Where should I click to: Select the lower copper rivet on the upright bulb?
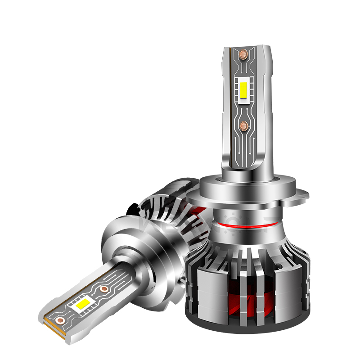[244, 125]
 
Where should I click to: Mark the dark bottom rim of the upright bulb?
[245, 329]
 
